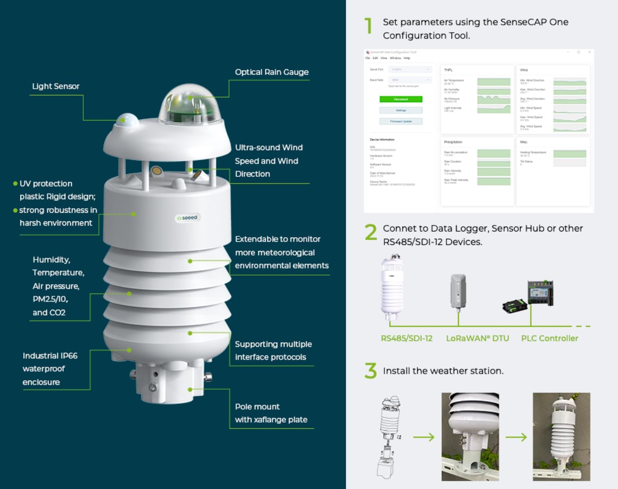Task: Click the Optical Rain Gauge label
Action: (x=271, y=72)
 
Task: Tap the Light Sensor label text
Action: (x=56, y=86)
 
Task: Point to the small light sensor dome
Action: (x=127, y=120)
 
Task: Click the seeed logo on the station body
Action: (x=187, y=218)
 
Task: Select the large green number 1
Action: (x=369, y=26)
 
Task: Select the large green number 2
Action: (x=371, y=233)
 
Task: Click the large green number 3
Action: (x=371, y=371)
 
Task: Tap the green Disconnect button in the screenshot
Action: (x=400, y=99)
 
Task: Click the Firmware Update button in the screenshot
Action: (x=400, y=121)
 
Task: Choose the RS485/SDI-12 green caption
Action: (x=406, y=339)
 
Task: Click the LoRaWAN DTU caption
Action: (x=477, y=339)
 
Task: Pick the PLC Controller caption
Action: (x=549, y=339)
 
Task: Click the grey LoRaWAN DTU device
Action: (x=458, y=292)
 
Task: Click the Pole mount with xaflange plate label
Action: (x=271, y=413)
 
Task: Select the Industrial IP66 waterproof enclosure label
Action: (x=50, y=369)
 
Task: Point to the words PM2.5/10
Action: (x=50, y=299)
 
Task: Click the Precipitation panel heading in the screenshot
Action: (x=453, y=142)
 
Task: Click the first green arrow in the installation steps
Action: (x=424, y=437)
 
